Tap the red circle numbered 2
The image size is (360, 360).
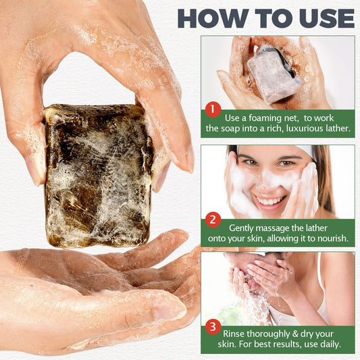click(212, 219)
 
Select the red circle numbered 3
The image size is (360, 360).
click(212, 327)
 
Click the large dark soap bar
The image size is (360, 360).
click(98, 176)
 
